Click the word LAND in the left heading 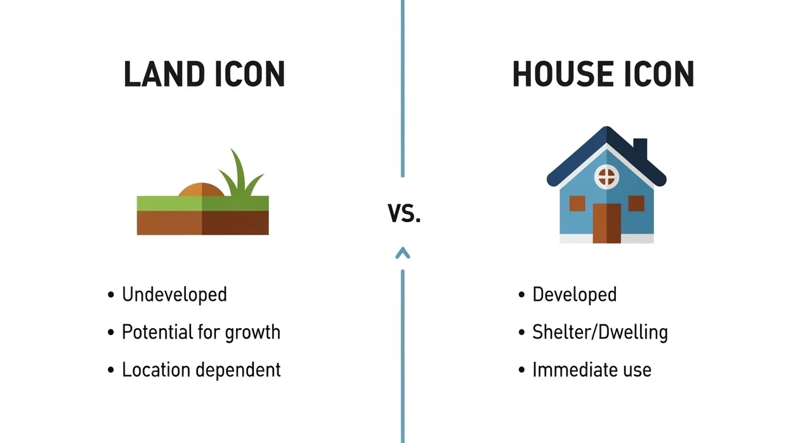click(x=164, y=74)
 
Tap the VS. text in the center click(x=404, y=213)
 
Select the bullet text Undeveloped click(x=174, y=294)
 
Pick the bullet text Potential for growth click(x=201, y=333)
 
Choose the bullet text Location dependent click(x=201, y=370)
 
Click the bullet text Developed click(x=575, y=294)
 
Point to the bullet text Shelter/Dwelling click(x=600, y=333)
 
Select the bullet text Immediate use click(x=592, y=370)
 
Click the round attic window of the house click(x=606, y=177)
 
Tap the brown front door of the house click(x=607, y=223)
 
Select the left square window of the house click(x=577, y=203)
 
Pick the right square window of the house click(x=636, y=203)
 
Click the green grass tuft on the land click(x=240, y=174)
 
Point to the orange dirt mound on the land click(x=202, y=190)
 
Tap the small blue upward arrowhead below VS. click(x=403, y=253)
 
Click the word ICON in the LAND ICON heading click(x=250, y=74)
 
